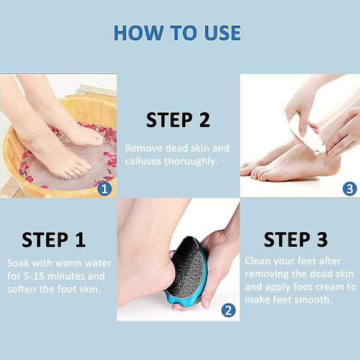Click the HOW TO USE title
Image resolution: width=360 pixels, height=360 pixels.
pos(177,33)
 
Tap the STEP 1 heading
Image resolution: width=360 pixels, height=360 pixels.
pos(53,239)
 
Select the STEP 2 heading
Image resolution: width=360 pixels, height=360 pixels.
pos(178,119)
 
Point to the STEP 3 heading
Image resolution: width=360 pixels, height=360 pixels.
pos(296,239)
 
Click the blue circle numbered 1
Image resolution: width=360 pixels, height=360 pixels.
pos(104,189)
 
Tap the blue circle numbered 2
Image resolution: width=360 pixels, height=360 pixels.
pos(229,310)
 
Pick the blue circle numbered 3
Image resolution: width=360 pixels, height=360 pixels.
pos(350,189)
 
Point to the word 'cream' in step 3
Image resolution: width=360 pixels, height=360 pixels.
pos(331,287)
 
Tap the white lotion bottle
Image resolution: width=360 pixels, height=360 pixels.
pos(307,134)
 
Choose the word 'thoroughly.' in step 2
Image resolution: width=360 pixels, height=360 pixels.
pos(191,161)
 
